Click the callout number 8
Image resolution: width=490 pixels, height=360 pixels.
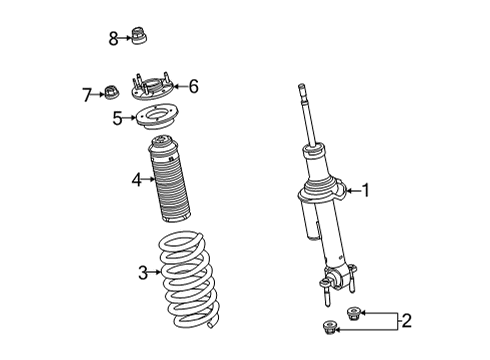[113, 39]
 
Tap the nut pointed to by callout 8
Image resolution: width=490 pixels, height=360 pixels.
[140, 35]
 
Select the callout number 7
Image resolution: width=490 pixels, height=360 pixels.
[87, 95]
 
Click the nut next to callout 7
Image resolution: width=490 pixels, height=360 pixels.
[112, 92]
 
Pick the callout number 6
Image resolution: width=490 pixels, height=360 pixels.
[194, 86]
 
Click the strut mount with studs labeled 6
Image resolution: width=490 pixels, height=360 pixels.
[151, 87]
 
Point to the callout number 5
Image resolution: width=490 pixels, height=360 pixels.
[117, 118]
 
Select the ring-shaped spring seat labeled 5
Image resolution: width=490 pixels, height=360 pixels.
[157, 117]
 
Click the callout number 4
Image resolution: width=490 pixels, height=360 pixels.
[137, 180]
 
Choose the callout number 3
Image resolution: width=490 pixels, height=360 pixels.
[143, 273]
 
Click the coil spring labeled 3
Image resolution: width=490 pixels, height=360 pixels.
[188, 279]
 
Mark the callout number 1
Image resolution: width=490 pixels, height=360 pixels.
[366, 191]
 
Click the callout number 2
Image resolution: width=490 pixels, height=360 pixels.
[407, 321]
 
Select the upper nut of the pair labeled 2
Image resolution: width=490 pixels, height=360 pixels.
[354, 313]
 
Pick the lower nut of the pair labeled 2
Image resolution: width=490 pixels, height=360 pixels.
[329, 327]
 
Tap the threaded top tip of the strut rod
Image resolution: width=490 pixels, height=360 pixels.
[301, 87]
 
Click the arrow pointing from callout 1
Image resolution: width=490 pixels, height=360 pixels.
[354, 191]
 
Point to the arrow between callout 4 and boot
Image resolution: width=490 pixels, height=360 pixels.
[149, 180]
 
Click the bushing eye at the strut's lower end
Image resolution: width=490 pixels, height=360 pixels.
[336, 278]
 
